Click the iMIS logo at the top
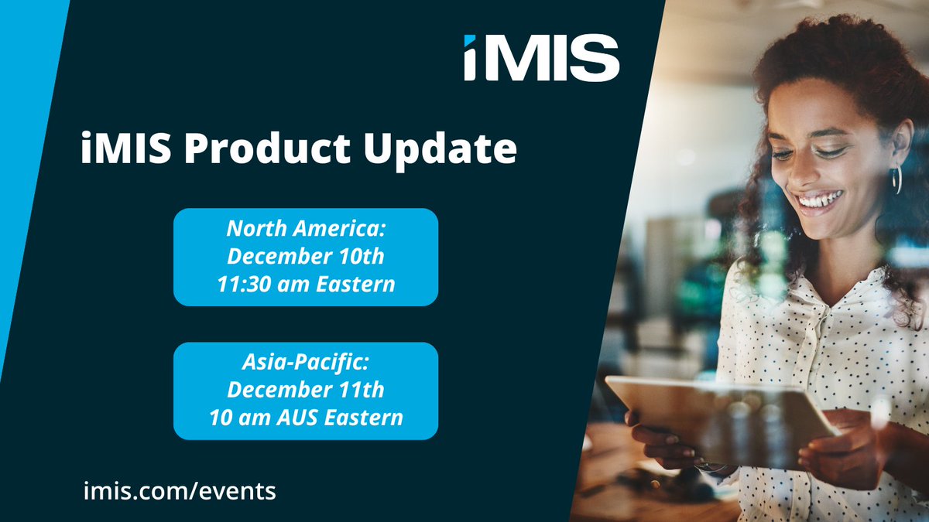(x=541, y=58)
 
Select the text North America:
(x=305, y=229)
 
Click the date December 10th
(x=305, y=257)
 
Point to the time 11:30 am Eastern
(x=305, y=285)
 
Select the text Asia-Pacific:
(x=305, y=363)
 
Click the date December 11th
(x=305, y=391)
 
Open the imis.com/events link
(x=179, y=490)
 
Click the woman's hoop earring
(x=896, y=179)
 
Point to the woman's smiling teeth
(x=819, y=201)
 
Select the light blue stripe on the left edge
(x=23, y=155)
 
